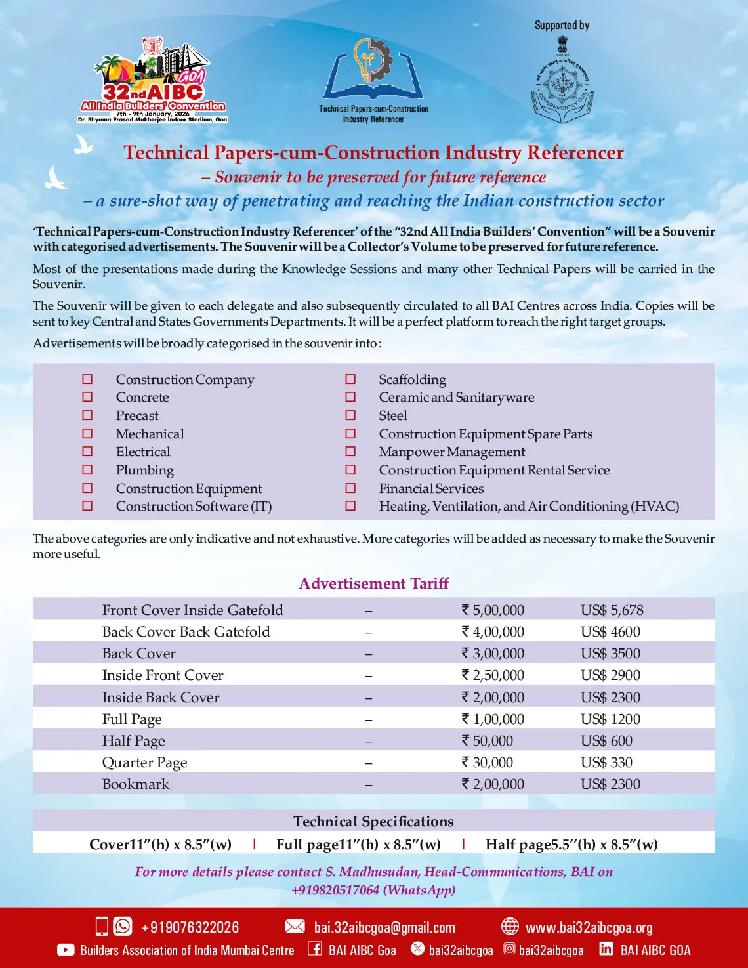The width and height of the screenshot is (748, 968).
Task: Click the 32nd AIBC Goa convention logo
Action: (153, 81)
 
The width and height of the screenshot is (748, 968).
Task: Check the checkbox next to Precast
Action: (87, 415)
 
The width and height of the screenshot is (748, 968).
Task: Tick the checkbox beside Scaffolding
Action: (350, 379)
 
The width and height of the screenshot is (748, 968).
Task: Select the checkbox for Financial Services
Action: (350, 488)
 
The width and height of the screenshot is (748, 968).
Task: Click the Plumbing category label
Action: (145, 470)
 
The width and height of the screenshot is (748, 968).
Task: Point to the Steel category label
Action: (392, 415)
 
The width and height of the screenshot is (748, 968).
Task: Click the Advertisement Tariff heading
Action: (373, 583)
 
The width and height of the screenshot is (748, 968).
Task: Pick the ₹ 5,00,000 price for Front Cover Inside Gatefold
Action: (493, 610)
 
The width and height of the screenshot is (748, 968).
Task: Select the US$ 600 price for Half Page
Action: (606, 741)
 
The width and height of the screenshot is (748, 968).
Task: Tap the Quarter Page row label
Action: (144, 763)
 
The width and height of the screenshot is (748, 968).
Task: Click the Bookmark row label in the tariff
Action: (135, 784)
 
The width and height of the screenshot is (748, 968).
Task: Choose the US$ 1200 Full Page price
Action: (610, 719)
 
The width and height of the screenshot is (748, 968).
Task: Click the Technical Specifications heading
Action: (373, 822)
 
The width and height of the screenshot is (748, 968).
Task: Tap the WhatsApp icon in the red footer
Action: (123, 926)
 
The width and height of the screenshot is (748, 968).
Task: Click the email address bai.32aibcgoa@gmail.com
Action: (384, 927)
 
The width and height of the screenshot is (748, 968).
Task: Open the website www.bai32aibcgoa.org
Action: (589, 927)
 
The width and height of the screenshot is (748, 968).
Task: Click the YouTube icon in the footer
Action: (66, 950)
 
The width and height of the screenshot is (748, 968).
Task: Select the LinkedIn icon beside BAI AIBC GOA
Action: (606, 949)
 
